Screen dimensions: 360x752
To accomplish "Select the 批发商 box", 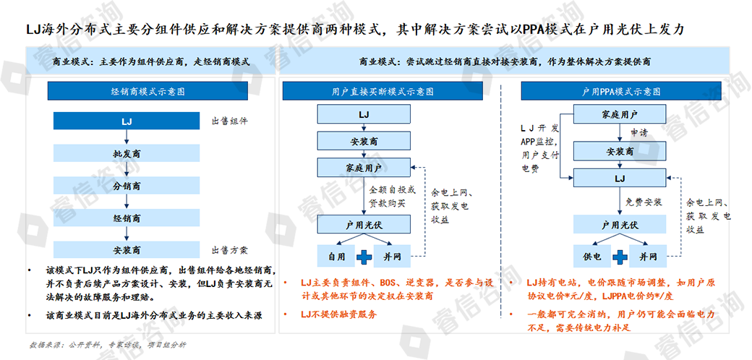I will [127, 154].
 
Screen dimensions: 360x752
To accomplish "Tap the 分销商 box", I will [127, 186].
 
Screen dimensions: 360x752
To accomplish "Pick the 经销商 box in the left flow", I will [127, 218].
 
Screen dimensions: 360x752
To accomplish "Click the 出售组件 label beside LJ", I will [231, 121].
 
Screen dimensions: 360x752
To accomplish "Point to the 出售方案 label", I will [231, 250].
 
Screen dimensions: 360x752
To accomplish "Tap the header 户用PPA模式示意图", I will [621, 92].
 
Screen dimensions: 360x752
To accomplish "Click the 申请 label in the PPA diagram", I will [638, 133].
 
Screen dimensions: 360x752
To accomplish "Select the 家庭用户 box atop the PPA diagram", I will [619, 115].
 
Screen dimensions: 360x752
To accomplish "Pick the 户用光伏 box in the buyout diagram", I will [368, 225].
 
